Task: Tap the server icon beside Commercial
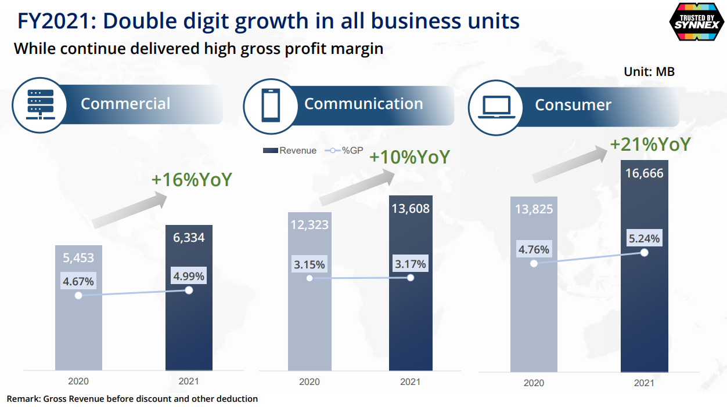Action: (40, 104)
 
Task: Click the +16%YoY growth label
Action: (192, 179)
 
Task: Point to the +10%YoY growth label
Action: (409, 157)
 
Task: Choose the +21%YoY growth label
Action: (650, 144)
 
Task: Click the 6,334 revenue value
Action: (188, 238)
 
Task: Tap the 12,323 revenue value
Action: (309, 224)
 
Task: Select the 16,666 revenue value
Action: (644, 173)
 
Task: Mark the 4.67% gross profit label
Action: (78, 282)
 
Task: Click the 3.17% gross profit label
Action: (411, 264)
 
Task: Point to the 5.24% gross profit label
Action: (644, 238)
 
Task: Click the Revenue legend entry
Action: (290, 151)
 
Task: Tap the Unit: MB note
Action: (649, 72)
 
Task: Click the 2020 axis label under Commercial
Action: (78, 381)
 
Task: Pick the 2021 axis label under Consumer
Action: (644, 383)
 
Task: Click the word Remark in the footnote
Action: (23, 399)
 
